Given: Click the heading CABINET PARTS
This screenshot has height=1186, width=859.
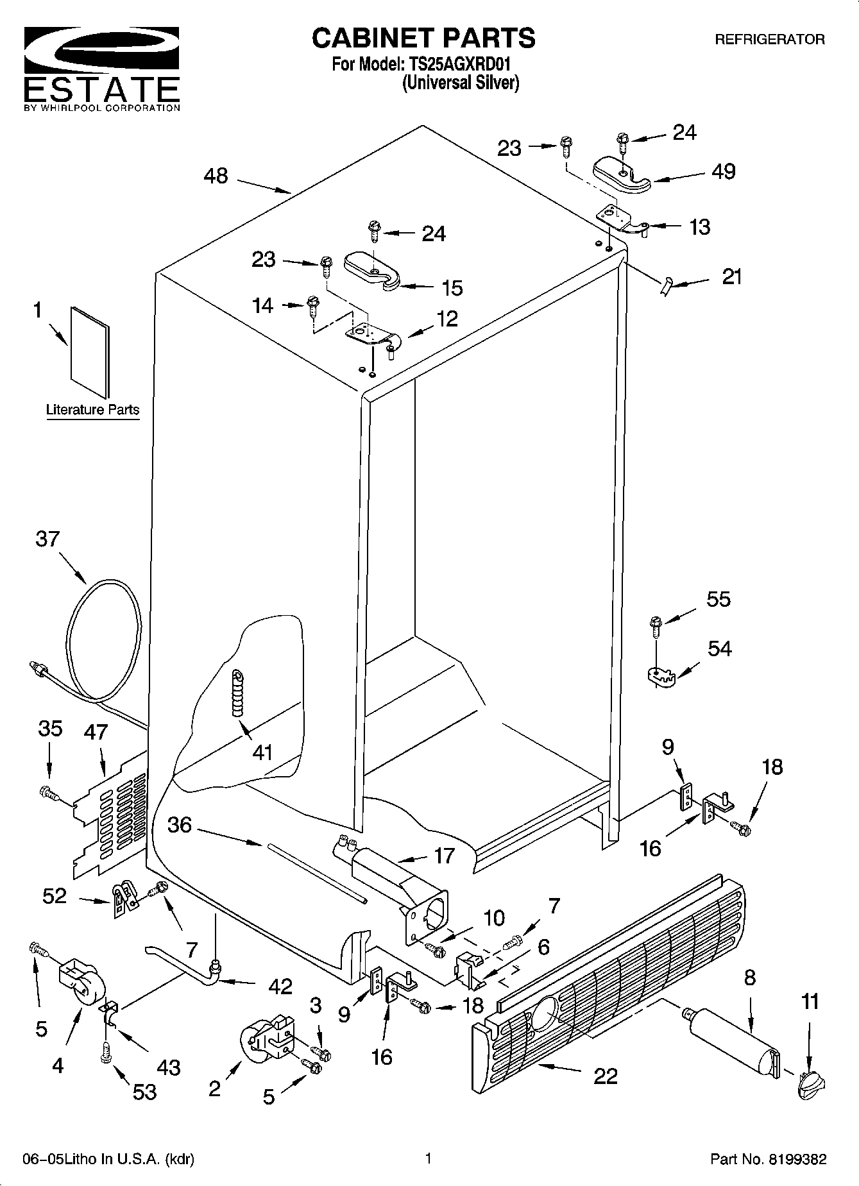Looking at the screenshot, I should click(423, 38).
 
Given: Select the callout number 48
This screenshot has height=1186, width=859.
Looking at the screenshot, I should click(216, 176).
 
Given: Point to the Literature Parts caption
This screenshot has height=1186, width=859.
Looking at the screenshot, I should click(93, 409).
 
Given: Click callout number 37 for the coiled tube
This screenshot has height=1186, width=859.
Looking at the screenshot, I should click(47, 539).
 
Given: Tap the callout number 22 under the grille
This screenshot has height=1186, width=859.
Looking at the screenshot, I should click(605, 1076).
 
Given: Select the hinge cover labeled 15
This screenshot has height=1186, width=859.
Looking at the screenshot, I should click(373, 270).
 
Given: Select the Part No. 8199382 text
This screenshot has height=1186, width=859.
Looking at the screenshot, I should click(768, 1159).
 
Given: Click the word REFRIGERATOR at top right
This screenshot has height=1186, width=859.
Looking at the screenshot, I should click(770, 40).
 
